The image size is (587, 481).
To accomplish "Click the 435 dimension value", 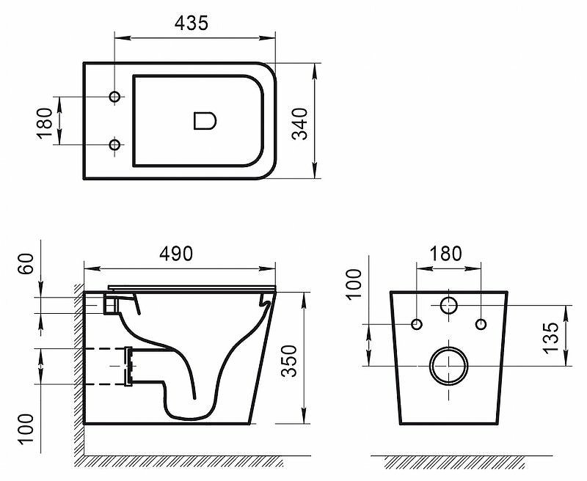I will pos(192,23).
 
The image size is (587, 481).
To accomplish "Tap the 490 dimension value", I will pos(176,254).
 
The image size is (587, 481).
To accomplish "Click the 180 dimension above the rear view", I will pos(447,254).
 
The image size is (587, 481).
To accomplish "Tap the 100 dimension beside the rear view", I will pos(354,284).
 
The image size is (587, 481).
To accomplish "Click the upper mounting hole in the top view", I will pos(114,98).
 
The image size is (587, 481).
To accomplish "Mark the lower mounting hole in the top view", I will pos(114,145).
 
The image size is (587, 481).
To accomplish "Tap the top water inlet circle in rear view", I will pos(448,305).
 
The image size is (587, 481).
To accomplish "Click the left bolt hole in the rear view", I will pos(417,324).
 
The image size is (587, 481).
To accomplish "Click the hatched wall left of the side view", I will pos(77,367).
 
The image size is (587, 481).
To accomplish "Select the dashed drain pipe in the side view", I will pos(106,364).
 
